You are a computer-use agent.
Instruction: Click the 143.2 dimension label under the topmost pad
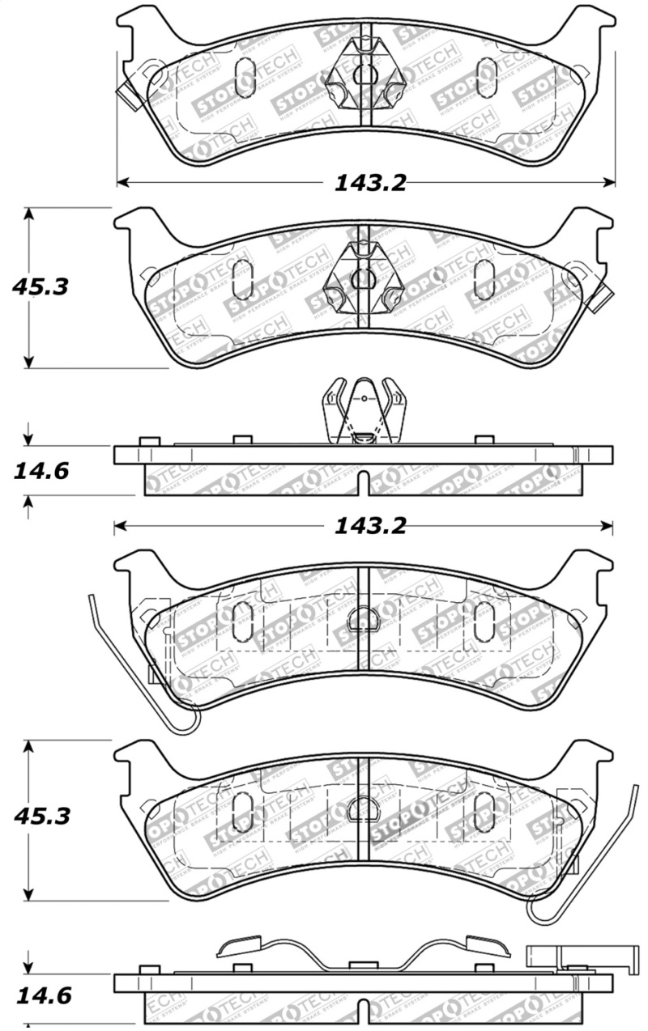[370, 183]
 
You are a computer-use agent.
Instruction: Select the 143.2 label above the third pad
[370, 526]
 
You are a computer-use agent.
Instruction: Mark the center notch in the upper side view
[363, 484]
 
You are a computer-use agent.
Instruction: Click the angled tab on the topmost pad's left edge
[126, 95]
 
